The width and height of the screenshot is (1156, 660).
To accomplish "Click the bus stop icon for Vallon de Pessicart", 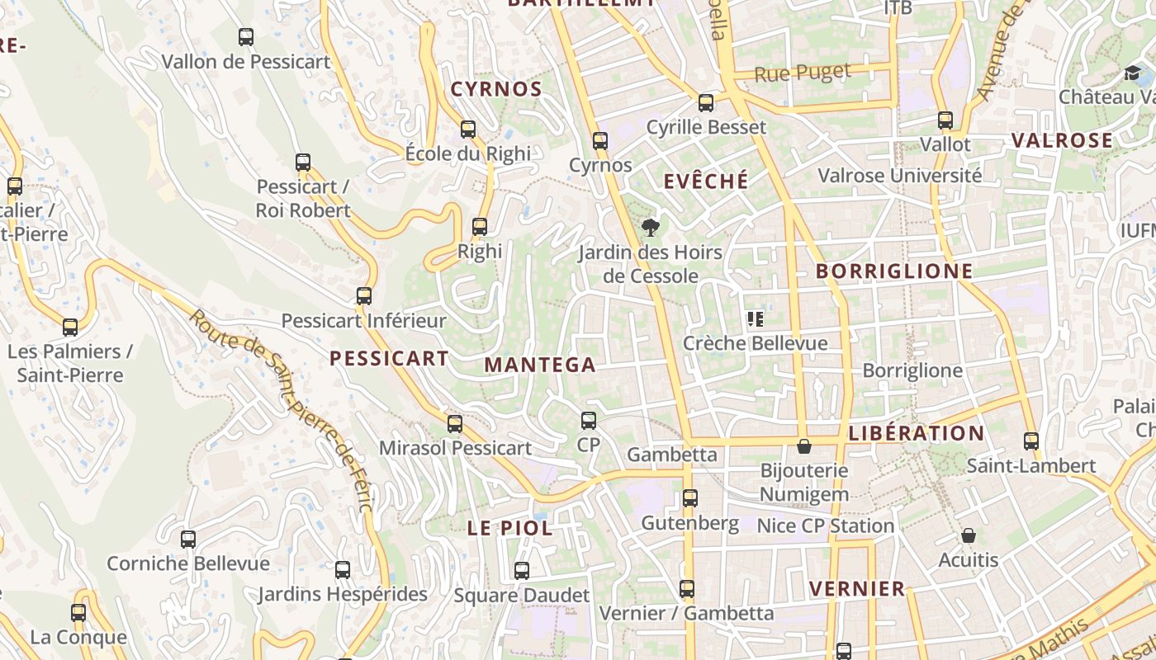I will point(246,37).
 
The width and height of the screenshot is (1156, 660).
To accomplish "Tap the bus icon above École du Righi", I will point(468,130).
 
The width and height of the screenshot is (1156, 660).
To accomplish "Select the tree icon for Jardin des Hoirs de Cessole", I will point(651,228).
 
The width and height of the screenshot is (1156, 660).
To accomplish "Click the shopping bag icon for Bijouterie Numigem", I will point(804,447).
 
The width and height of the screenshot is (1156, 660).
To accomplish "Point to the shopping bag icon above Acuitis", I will point(969,536).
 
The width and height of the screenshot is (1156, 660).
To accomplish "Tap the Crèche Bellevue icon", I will point(755,319).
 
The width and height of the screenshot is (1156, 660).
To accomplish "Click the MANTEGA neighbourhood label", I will point(540,365).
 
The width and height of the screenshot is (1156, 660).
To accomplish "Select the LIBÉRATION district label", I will point(917,433).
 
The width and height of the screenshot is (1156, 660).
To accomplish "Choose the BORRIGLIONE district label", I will point(894,271).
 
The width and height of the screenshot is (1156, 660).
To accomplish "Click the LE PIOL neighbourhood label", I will point(510,529).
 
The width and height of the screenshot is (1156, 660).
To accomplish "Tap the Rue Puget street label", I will point(803,73).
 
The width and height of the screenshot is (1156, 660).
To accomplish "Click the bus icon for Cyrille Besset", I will point(706,103).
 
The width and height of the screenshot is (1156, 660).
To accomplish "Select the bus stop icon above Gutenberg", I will point(690,498).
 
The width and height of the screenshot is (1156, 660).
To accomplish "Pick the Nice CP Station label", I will point(826,526).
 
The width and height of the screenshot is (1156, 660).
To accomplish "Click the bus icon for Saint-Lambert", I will point(1031,441).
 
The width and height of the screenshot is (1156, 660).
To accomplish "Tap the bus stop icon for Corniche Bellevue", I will point(188,540).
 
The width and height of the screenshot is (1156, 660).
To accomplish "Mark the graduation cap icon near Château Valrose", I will point(1132,73).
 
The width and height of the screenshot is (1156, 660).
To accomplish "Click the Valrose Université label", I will point(899,176).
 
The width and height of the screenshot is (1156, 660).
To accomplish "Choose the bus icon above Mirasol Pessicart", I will point(455,424).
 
